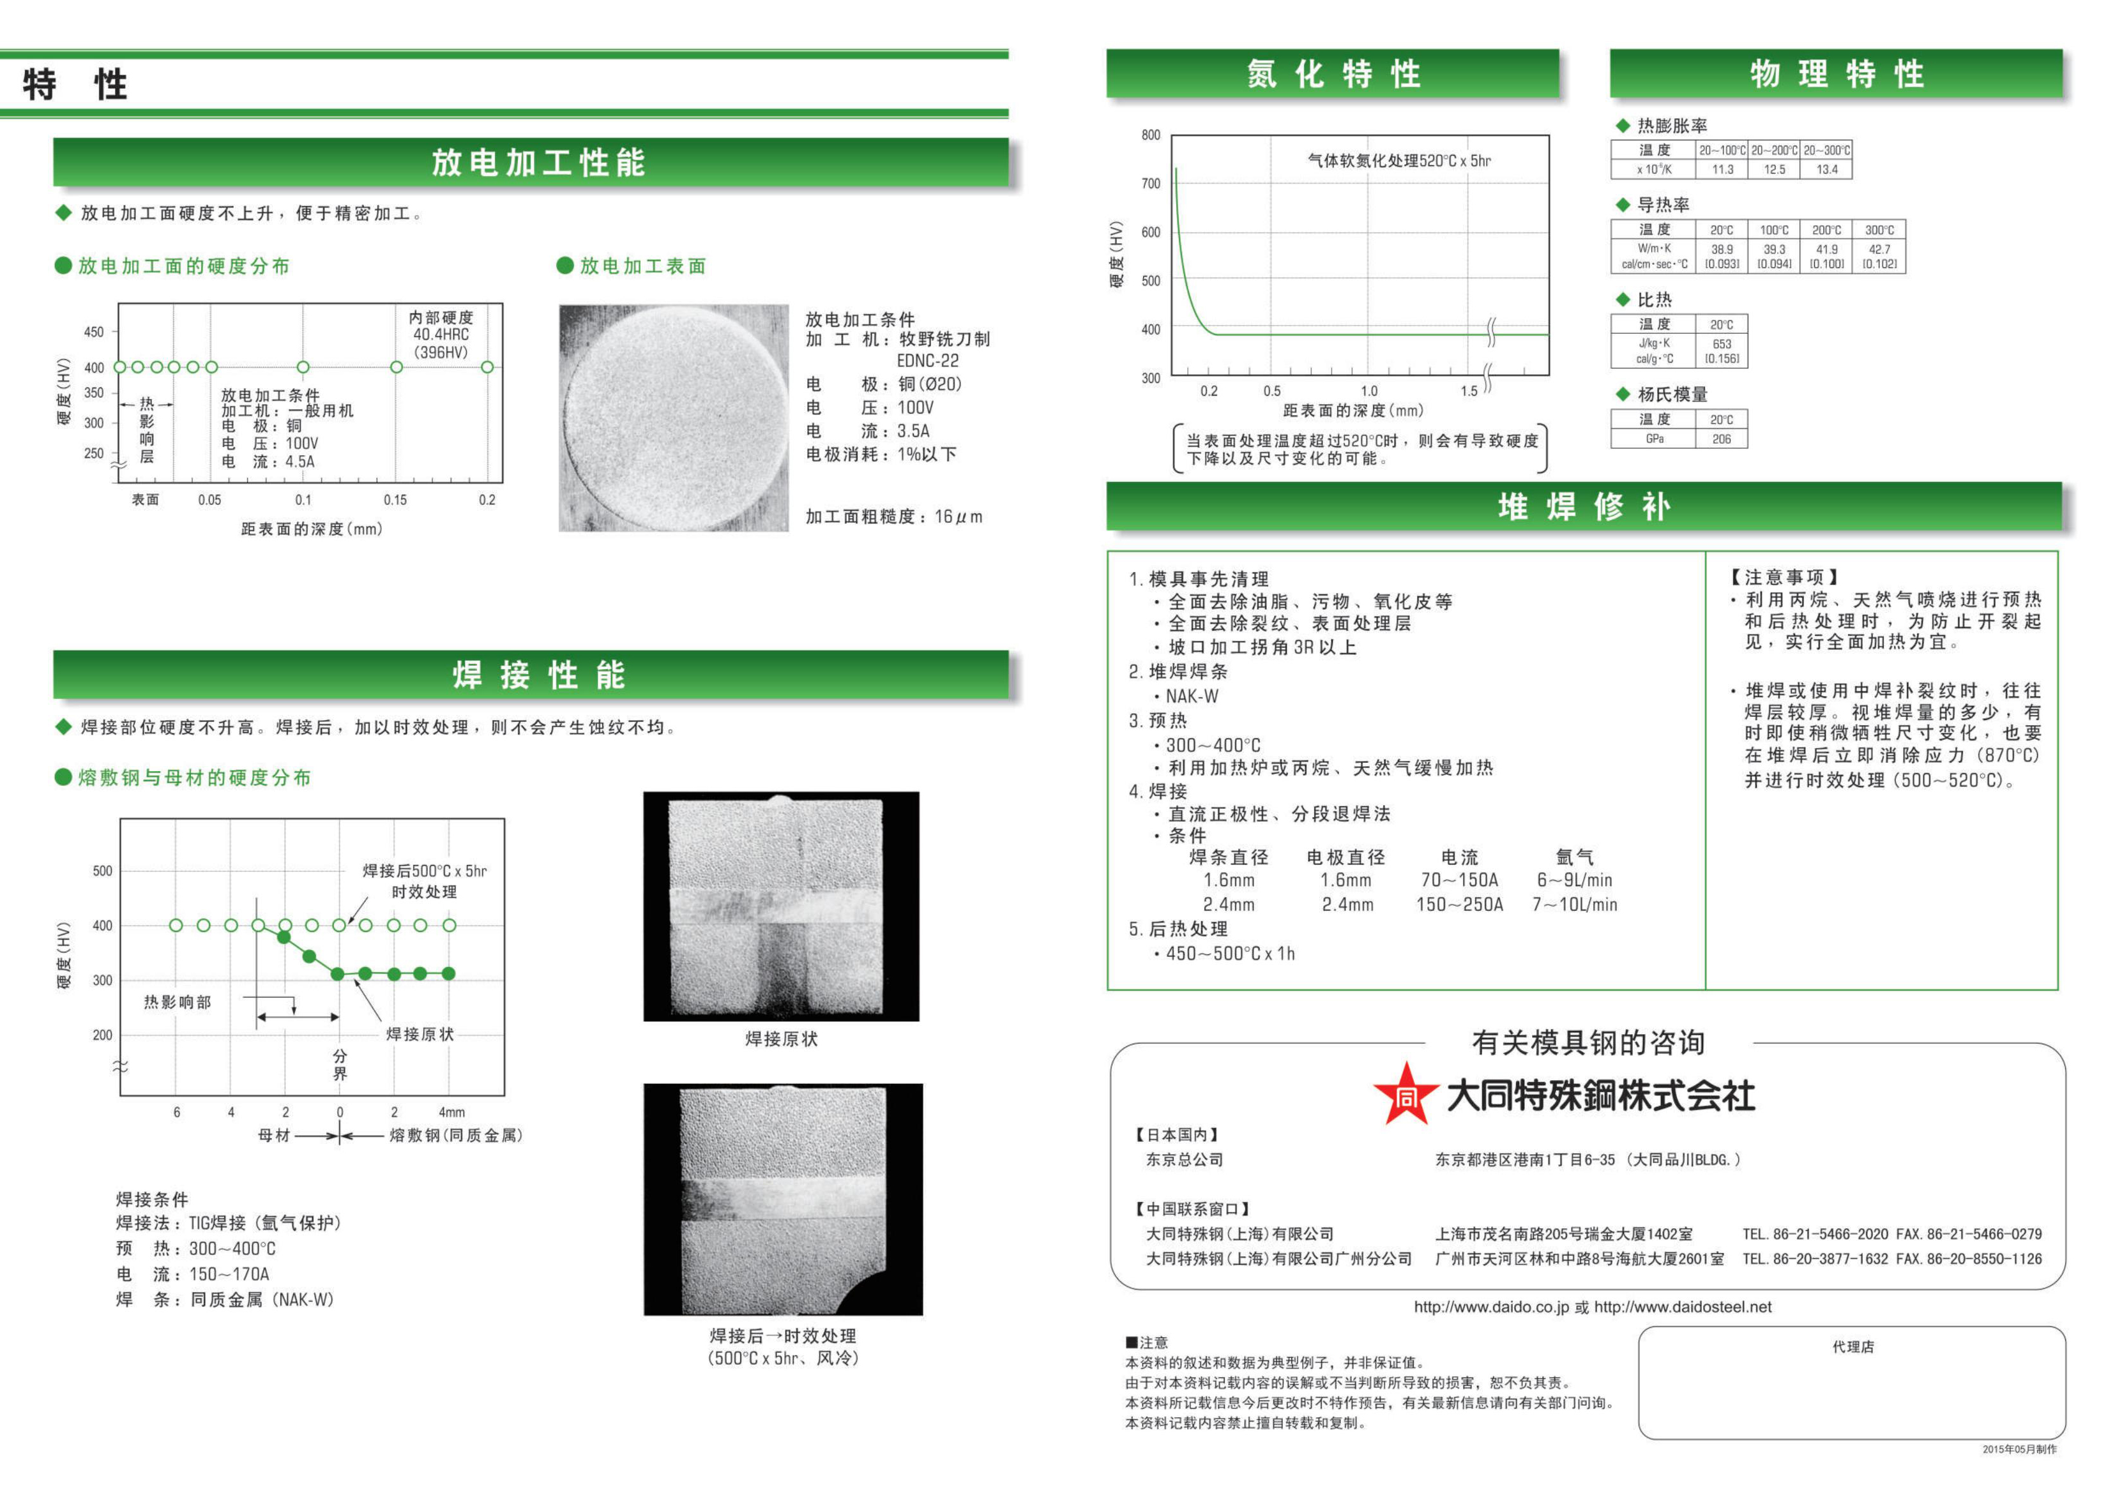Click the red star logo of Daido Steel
tap(1405, 1095)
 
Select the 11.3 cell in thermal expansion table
tap(1722, 169)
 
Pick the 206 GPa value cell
tap(1721, 439)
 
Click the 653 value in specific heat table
tap(1721, 343)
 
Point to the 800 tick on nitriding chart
tap(1151, 135)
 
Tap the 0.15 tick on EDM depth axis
tap(395, 500)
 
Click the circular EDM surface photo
tap(673, 419)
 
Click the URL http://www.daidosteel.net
tap(1683, 1307)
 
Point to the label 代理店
tap(1853, 1346)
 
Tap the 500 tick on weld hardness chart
tap(102, 871)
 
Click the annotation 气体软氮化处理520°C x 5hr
tap(1399, 161)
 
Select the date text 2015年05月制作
tap(2019, 1449)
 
